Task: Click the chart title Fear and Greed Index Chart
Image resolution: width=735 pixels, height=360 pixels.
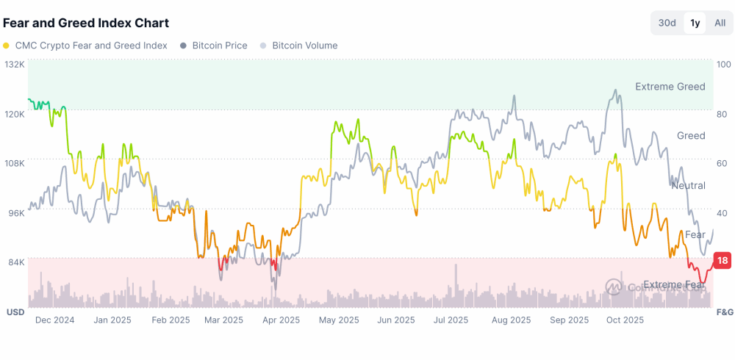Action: pyautogui.click(x=86, y=23)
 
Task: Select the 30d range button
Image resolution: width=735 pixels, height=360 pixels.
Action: pyautogui.click(x=667, y=23)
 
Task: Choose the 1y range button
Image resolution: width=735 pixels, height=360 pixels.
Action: pyautogui.click(x=695, y=23)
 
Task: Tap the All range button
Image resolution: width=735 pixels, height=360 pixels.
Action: pyautogui.click(x=720, y=23)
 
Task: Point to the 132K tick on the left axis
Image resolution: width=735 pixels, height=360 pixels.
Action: pyautogui.click(x=15, y=65)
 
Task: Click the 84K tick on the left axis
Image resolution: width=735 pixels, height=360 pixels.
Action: pyautogui.click(x=16, y=262)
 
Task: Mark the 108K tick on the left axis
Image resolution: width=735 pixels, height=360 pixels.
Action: pyautogui.click(x=15, y=163)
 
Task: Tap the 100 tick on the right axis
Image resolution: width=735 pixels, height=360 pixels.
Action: pyautogui.click(x=723, y=65)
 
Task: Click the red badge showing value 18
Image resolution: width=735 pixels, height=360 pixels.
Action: pyautogui.click(x=723, y=261)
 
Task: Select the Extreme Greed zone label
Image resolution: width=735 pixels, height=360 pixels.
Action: pyautogui.click(x=670, y=87)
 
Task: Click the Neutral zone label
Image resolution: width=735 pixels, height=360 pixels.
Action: pyautogui.click(x=688, y=186)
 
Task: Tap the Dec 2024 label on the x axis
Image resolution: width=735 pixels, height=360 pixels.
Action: pyautogui.click(x=55, y=320)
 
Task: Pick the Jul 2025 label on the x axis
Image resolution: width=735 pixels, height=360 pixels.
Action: pyautogui.click(x=451, y=320)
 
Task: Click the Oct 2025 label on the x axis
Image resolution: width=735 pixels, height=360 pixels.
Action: pyautogui.click(x=625, y=320)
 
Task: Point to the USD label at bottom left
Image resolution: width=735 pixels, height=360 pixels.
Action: pyautogui.click(x=15, y=312)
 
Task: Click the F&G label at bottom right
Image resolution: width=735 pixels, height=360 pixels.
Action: pyautogui.click(x=724, y=312)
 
